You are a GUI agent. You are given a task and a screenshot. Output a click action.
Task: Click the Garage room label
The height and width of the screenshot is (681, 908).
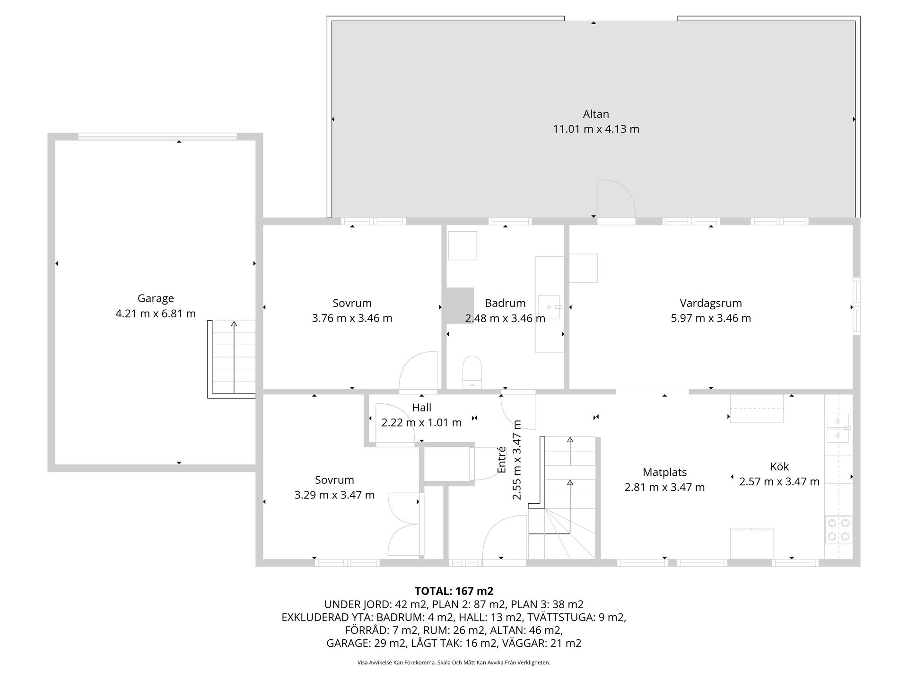(156, 298)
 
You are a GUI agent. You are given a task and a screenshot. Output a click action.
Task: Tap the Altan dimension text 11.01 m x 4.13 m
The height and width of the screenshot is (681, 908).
(596, 129)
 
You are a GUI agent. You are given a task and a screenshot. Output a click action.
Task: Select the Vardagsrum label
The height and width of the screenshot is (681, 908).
(711, 303)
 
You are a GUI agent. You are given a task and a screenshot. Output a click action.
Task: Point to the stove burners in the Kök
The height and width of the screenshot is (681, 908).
(838, 530)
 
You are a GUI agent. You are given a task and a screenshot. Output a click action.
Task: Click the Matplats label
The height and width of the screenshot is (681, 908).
(664, 472)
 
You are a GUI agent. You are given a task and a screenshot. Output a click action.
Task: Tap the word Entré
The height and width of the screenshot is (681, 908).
(502, 460)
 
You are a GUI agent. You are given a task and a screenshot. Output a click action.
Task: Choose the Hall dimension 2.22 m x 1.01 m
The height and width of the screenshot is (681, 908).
(421, 422)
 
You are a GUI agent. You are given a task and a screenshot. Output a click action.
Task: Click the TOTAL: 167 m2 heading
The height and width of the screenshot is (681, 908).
(454, 591)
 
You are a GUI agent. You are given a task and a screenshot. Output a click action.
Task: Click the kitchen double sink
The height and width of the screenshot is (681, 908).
(838, 428)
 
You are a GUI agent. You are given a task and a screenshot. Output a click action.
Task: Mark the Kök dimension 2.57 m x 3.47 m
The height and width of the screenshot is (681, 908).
(779, 481)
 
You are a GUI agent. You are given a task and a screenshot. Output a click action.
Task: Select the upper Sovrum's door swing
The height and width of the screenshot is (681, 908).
(418, 372)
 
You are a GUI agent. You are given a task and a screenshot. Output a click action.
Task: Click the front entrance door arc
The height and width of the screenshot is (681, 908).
(504, 537)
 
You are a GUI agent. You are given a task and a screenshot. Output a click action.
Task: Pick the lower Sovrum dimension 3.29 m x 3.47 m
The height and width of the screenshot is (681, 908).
(334, 495)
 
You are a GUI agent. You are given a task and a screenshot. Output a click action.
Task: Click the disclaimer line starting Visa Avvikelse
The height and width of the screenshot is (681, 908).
(454, 663)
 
